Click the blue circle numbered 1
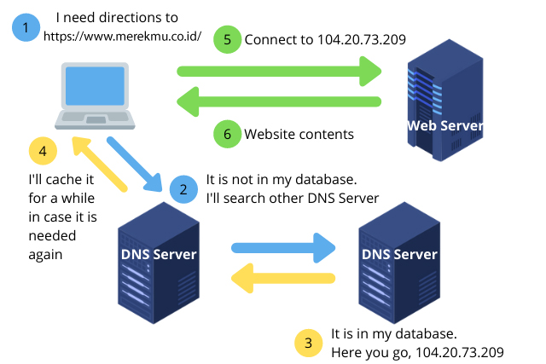pyautogui.click(x=26, y=28)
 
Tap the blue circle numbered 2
pyautogui.click(x=182, y=188)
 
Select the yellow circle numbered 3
pyautogui.click(x=307, y=344)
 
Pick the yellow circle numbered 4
pyautogui.click(x=44, y=152)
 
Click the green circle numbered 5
pyautogui.click(x=228, y=39)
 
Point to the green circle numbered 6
pyautogui.click(x=228, y=134)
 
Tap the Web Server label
pyautogui.click(x=445, y=126)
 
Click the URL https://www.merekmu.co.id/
pyautogui.click(x=121, y=37)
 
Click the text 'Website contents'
pyautogui.click(x=299, y=134)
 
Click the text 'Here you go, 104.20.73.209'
pyautogui.click(x=417, y=352)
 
